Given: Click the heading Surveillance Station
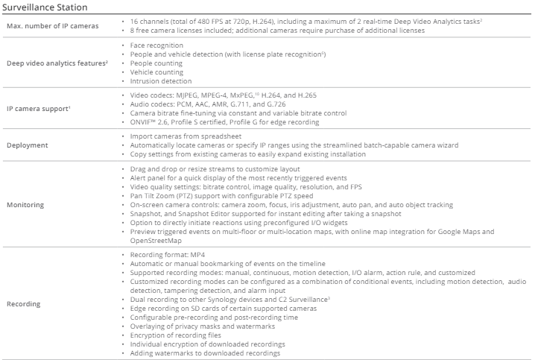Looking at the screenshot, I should coord(46,7).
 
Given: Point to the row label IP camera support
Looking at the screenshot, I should coord(39,110).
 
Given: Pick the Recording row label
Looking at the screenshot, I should coord(25,304).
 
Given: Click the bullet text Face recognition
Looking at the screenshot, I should coord(156,45).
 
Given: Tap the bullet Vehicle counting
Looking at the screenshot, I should coord(156,72).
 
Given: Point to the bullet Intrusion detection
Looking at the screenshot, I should coord(160,81).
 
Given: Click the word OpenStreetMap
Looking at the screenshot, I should coord(156,241).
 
